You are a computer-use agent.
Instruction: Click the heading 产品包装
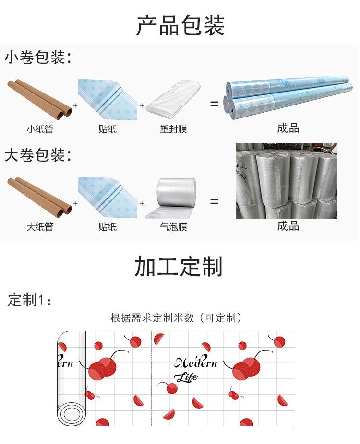(x=180, y=25)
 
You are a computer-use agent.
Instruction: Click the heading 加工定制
(x=179, y=267)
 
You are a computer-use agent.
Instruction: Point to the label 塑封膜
(x=173, y=129)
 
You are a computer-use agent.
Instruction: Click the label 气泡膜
(x=173, y=227)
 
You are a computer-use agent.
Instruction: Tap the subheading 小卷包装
(x=37, y=58)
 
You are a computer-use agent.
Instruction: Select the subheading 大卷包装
(x=37, y=155)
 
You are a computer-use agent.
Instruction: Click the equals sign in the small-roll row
(x=214, y=104)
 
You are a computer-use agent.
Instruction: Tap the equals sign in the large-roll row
(x=214, y=202)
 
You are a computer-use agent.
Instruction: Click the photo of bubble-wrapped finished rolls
(x=286, y=180)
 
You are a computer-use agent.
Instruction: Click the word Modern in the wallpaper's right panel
(x=196, y=362)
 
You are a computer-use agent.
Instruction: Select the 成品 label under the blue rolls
(x=288, y=128)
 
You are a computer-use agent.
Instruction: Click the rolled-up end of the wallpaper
(x=71, y=412)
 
